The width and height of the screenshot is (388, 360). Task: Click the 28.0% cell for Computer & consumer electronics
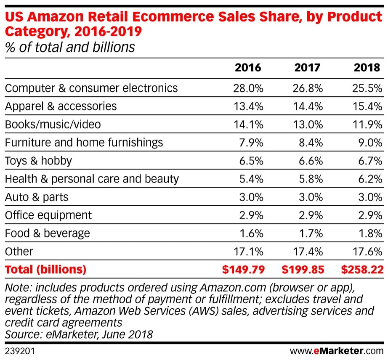[248, 88]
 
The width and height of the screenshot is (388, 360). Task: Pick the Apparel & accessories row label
[61, 106]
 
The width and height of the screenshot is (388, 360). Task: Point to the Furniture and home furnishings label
[84, 143]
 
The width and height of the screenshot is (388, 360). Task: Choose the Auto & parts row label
[37, 197]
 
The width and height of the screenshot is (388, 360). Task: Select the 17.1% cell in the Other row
[249, 251]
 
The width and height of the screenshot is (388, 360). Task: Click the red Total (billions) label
[45, 270]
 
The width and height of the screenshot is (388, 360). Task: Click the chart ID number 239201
[19, 350]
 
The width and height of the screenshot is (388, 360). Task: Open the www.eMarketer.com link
[337, 350]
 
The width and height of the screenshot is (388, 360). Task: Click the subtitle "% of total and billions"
[70, 47]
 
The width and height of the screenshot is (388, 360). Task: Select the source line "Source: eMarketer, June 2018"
[79, 334]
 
